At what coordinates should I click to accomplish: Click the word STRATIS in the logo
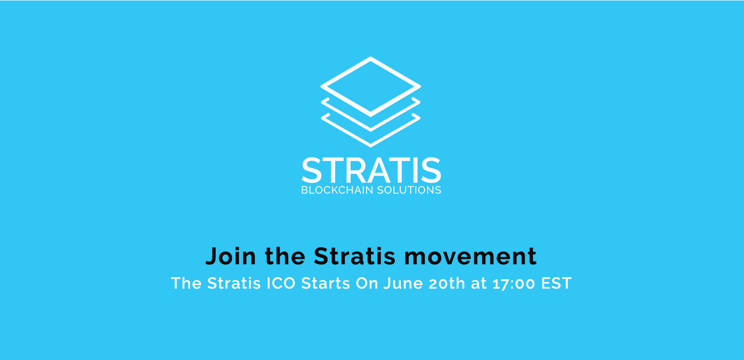[x=372, y=170]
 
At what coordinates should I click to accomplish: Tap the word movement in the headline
[x=470, y=256]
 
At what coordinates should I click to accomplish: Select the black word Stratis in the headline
[x=355, y=256]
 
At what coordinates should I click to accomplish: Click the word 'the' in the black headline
[x=285, y=256]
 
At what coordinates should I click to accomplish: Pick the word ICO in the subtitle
[x=281, y=283]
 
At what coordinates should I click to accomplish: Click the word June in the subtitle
[x=404, y=283]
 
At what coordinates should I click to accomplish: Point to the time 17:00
[x=514, y=284]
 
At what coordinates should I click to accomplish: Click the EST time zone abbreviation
[x=557, y=283]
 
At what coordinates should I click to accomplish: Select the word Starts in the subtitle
[x=325, y=283]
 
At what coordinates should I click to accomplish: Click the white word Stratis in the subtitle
[x=234, y=283]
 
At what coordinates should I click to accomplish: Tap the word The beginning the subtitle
[x=186, y=283]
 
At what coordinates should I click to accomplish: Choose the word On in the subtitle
[x=367, y=283]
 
